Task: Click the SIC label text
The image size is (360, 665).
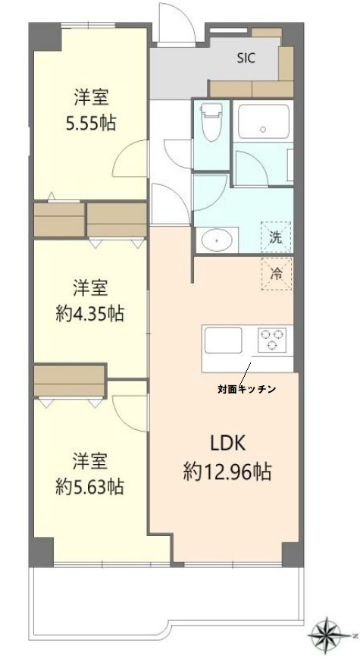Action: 247,57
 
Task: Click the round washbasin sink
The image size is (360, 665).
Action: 217,240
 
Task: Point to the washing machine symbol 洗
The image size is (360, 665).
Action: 277,236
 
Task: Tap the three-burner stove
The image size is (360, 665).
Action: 271,338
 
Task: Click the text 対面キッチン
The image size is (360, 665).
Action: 246,389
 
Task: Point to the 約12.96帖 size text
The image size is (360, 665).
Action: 227,472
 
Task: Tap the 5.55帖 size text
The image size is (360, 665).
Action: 90,121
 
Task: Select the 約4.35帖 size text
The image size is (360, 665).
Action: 89,312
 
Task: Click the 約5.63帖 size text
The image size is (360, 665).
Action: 89,486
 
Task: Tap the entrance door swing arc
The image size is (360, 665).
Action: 174,19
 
